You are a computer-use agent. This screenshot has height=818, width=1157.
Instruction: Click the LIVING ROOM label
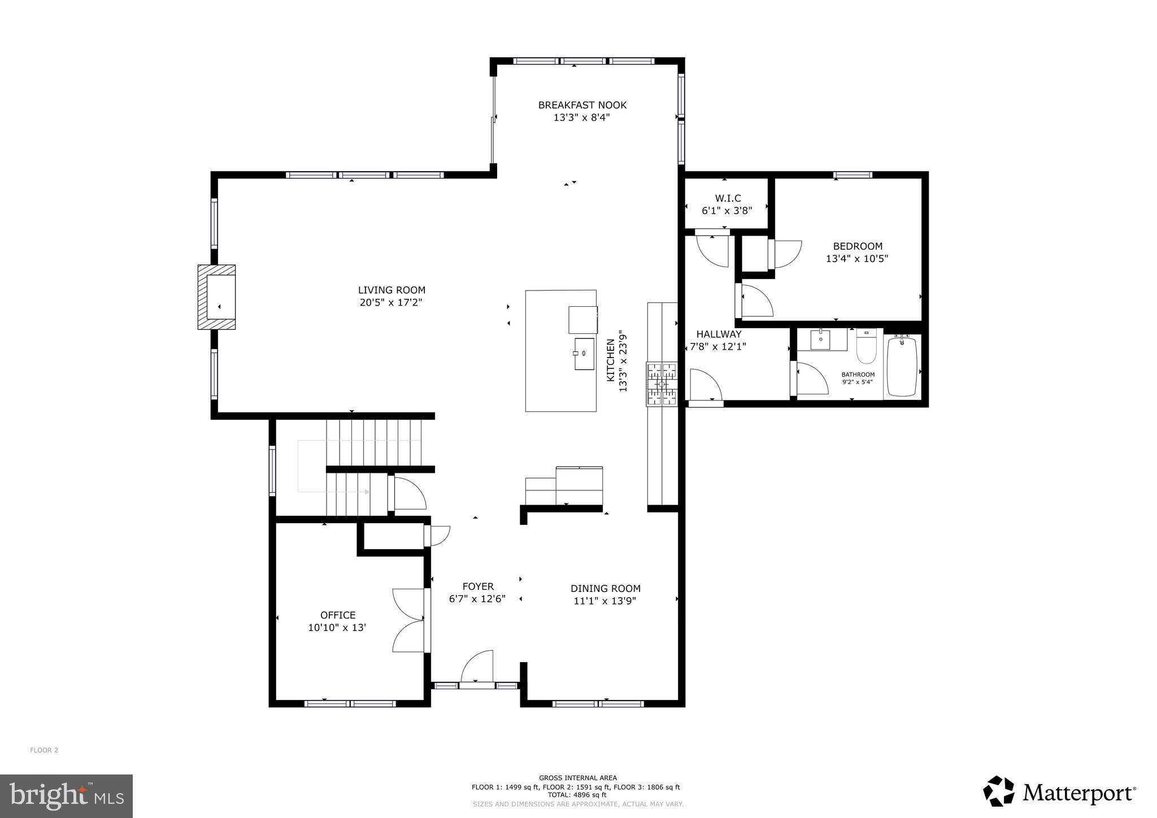(x=391, y=290)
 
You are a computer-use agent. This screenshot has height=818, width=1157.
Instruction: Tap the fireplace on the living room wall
(x=217, y=297)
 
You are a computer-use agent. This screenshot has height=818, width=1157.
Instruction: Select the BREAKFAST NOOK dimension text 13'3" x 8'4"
(x=581, y=118)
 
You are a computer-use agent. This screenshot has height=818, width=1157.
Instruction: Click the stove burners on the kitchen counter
(x=662, y=385)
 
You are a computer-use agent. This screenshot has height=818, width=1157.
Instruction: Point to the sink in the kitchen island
(x=584, y=354)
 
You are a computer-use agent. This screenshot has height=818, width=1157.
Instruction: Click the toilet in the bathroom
(x=865, y=346)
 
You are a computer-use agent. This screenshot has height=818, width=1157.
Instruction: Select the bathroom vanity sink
(x=820, y=340)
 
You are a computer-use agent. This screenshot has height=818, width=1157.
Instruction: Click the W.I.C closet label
(x=728, y=198)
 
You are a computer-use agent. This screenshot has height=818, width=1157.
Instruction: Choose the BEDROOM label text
(x=857, y=246)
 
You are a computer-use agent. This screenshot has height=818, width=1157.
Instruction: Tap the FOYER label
(x=478, y=586)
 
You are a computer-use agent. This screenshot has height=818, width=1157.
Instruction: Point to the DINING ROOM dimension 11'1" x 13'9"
(x=604, y=601)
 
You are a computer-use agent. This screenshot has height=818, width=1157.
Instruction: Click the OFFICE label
(x=338, y=615)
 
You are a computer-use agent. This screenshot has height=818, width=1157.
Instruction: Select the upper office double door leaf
(x=408, y=604)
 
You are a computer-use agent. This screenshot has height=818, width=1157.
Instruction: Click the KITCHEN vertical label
(x=611, y=360)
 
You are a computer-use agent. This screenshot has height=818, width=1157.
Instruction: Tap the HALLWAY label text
(x=718, y=334)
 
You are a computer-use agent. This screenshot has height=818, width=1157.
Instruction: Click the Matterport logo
(x=1059, y=794)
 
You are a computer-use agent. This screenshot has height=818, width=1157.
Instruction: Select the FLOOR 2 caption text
(x=44, y=750)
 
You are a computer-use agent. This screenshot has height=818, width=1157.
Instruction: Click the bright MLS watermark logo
(x=66, y=797)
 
